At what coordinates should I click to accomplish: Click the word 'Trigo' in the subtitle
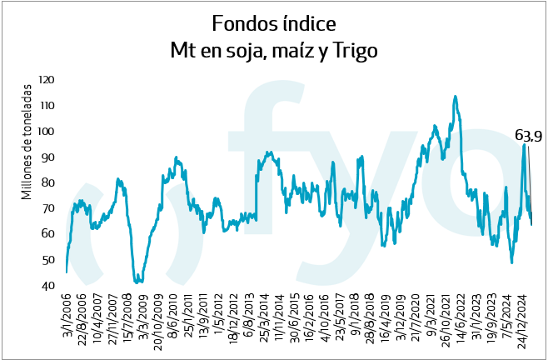[350, 50]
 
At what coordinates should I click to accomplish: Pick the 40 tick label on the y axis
[48, 286]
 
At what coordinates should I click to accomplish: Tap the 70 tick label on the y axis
[48, 208]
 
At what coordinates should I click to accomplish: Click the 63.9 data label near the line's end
[529, 136]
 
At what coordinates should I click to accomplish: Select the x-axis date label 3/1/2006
[67, 316]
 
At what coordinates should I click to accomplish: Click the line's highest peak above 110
[455, 96]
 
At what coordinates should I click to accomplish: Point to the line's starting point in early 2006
[66, 272]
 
